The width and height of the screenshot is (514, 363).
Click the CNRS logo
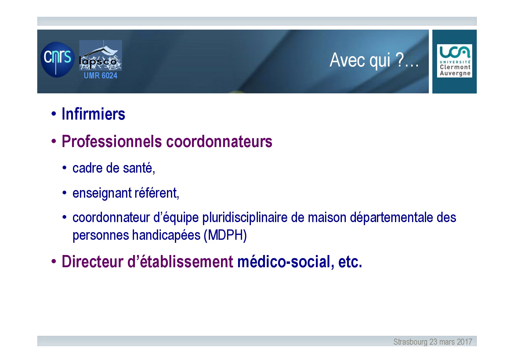click(x=57, y=59)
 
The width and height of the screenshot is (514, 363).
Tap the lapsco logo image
click(x=100, y=55)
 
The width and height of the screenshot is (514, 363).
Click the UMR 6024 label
click(x=100, y=75)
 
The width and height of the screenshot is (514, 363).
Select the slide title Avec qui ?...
click(x=374, y=60)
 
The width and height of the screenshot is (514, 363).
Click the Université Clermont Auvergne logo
click(x=454, y=61)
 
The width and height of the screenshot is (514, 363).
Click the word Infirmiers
click(x=93, y=114)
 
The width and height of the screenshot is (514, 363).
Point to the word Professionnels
click(x=112, y=141)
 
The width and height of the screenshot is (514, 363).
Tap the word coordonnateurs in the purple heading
click(x=219, y=141)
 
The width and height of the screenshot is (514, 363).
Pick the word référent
click(x=157, y=193)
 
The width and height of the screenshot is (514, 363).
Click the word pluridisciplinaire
click(x=245, y=218)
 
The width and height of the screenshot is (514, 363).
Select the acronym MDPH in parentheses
click(x=225, y=235)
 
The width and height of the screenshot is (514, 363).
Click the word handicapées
click(x=166, y=235)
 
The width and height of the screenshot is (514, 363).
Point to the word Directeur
click(x=92, y=262)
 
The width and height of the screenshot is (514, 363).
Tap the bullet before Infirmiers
click(x=54, y=113)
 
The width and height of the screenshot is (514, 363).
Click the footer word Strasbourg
click(x=410, y=342)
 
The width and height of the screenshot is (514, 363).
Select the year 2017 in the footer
click(x=465, y=342)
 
